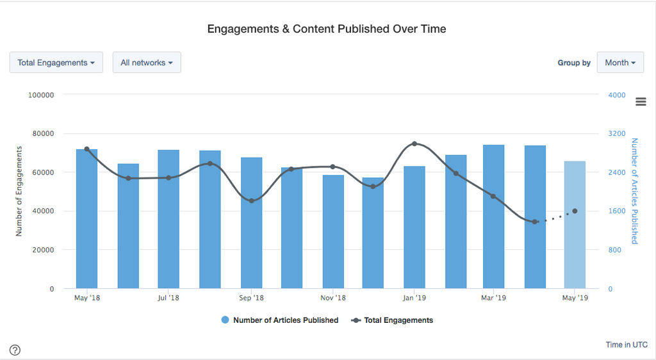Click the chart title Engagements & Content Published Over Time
[x=327, y=29]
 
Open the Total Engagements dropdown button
[x=56, y=63]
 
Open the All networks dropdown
[x=147, y=63]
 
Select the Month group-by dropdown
[x=620, y=63]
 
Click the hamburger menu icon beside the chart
[x=641, y=102]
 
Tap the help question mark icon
[x=15, y=350]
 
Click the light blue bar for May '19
[x=575, y=224]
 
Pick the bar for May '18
[x=86, y=218]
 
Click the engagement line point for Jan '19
[x=414, y=143]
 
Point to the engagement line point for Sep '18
[x=251, y=201]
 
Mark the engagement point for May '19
[x=575, y=211]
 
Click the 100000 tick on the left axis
[x=42, y=95]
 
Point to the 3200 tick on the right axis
[x=616, y=134]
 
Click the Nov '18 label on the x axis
[x=333, y=298]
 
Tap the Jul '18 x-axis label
[x=168, y=298]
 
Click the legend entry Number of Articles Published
[x=279, y=320]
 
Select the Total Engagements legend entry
[x=393, y=320]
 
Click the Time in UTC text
[x=627, y=345]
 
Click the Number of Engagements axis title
[x=19, y=192]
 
